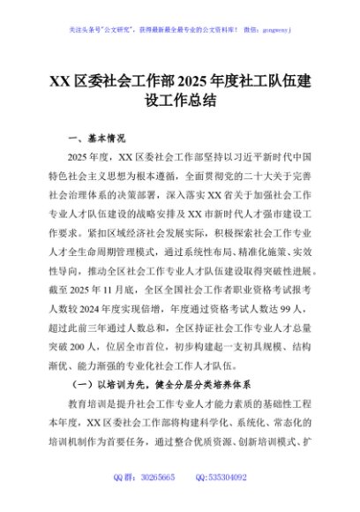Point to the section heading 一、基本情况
click(96, 139)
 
